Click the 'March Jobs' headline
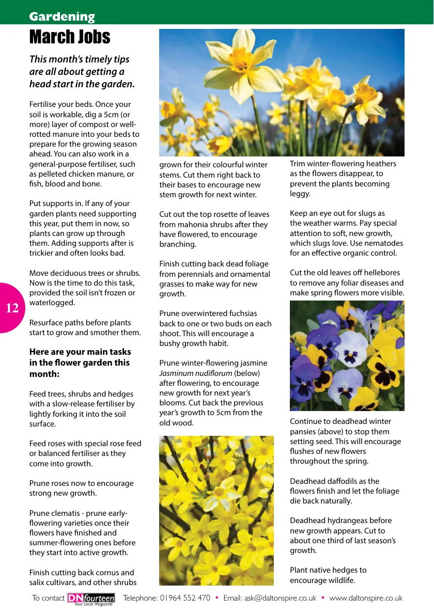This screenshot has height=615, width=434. pos(70,37)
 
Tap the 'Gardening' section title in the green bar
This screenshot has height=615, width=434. pos(62,17)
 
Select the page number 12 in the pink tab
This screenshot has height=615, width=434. pos(12,308)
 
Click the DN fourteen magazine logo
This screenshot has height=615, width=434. pos(91,598)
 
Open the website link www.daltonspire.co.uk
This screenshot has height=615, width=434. pos(366,598)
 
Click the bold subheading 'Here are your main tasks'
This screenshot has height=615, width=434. pos(80,352)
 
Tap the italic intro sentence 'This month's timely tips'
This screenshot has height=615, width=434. pos(80,59)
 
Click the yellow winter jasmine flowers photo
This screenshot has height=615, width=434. pos(216,510)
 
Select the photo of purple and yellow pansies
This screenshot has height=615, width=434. pos(347,356)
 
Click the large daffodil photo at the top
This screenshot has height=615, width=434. pos(282,92)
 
